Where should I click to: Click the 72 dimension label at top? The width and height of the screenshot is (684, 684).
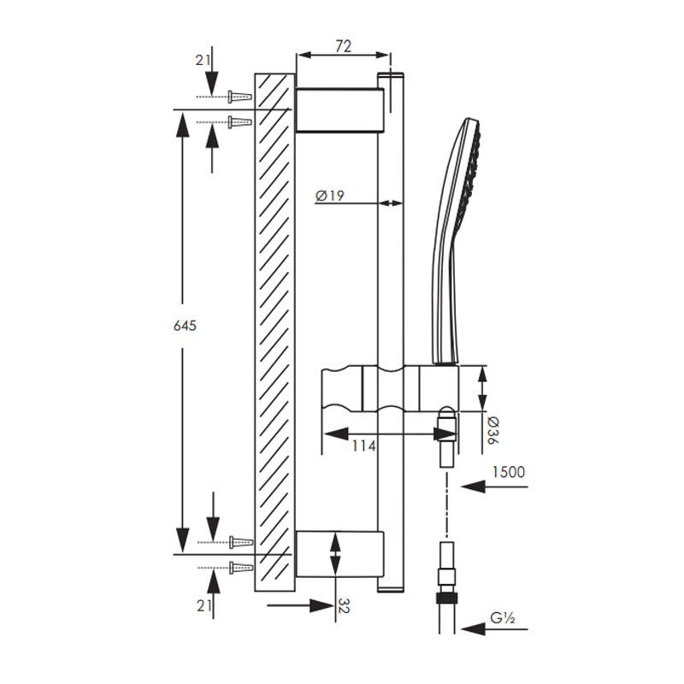pyautogui.click(x=343, y=47)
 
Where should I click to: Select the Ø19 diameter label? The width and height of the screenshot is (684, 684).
pyautogui.click(x=329, y=197)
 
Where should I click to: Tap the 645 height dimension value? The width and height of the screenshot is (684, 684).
pyautogui.click(x=185, y=326)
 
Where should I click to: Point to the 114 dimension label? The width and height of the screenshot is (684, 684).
pyautogui.click(x=363, y=445)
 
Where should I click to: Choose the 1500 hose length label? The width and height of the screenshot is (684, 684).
pyautogui.click(x=509, y=471)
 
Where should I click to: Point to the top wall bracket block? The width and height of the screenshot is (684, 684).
pyautogui.click(x=339, y=110)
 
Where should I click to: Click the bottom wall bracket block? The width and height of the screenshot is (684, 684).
pyautogui.click(x=339, y=551)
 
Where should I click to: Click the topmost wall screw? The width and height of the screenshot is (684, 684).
pyautogui.click(x=240, y=96)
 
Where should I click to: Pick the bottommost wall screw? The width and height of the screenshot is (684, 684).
pyautogui.click(x=241, y=566)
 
